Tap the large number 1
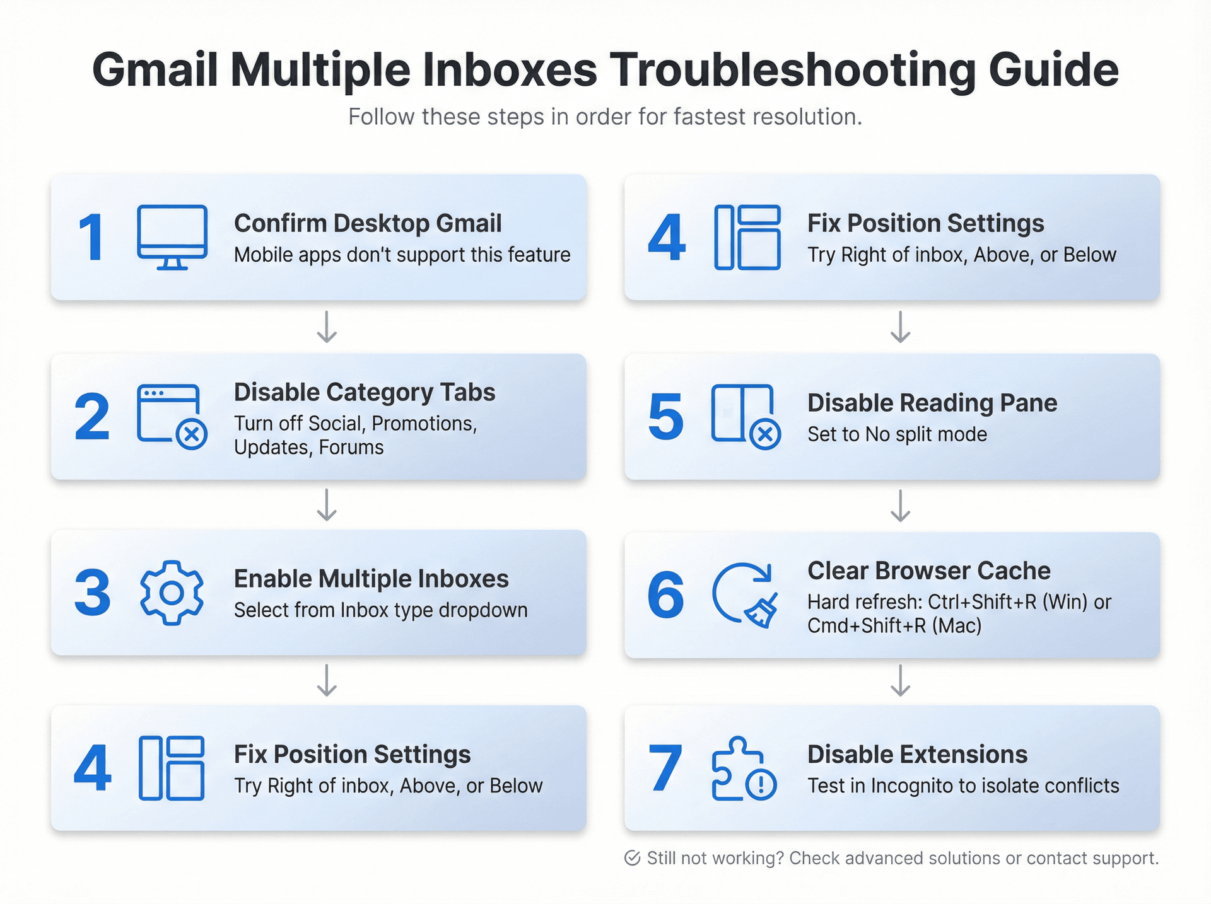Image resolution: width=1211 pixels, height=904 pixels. [91, 238]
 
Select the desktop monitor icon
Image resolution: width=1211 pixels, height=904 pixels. [172, 237]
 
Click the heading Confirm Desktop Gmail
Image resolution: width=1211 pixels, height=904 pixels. [368, 223]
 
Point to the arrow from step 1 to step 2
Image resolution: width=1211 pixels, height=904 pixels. [326, 326]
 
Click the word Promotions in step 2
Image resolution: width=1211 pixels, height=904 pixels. [424, 423]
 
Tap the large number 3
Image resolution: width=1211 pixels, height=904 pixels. [92, 593]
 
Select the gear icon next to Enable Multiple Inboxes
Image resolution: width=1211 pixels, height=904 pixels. [172, 593]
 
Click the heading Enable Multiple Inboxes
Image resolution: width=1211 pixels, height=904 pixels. [371, 579]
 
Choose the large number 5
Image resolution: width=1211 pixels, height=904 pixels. [665, 417]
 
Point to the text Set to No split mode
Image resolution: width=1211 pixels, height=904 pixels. [897, 434]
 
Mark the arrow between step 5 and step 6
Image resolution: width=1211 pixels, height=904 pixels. [900, 506]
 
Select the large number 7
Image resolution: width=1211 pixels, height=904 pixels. [665, 768]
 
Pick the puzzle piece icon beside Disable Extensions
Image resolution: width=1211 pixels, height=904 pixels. [744, 768]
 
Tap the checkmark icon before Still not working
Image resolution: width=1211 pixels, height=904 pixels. [632, 858]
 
